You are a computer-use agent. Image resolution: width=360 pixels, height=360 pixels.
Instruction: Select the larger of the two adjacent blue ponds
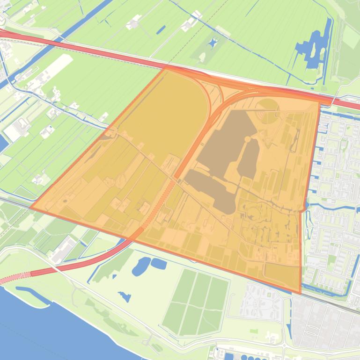click(x=141, y=266)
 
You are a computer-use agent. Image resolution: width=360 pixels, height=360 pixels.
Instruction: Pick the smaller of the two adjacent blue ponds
click(x=159, y=264)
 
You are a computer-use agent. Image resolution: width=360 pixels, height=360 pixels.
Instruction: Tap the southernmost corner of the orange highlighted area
click(x=300, y=294)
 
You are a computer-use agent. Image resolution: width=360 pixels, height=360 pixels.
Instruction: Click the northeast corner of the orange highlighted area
click(x=320, y=100)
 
